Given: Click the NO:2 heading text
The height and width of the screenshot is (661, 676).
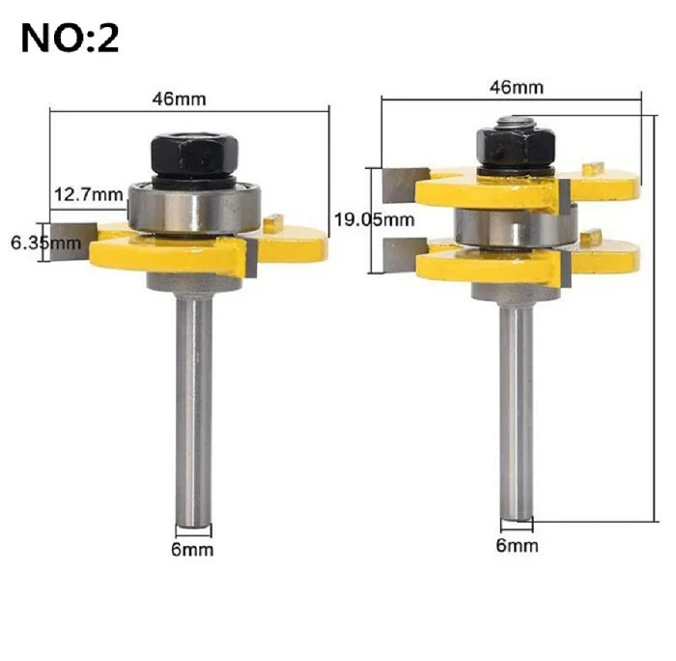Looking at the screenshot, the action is pyautogui.click(x=70, y=39).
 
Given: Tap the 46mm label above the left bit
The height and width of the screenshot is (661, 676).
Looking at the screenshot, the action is pyautogui.click(x=179, y=100).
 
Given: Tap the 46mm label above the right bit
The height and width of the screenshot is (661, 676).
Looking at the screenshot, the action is pyautogui.click(x=516, y=88).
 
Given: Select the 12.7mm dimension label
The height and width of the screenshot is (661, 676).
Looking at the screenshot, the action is pyautogui.click(x=89, y=194).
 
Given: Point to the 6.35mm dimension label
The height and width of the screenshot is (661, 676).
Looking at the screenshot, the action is pyautogui.click(x=45, y=244).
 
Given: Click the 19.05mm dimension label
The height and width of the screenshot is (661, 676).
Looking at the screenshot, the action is pyautogui.click(x=375, y=220).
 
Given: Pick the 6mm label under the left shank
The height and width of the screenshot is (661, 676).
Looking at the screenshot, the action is pyautogui.click(x=192, y=549).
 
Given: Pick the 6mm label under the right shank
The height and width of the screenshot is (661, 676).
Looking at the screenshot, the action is pyautogui.click(x=517, y=545).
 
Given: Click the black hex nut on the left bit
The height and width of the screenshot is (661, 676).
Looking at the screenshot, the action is pyautogui.click(x=194, y=155).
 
